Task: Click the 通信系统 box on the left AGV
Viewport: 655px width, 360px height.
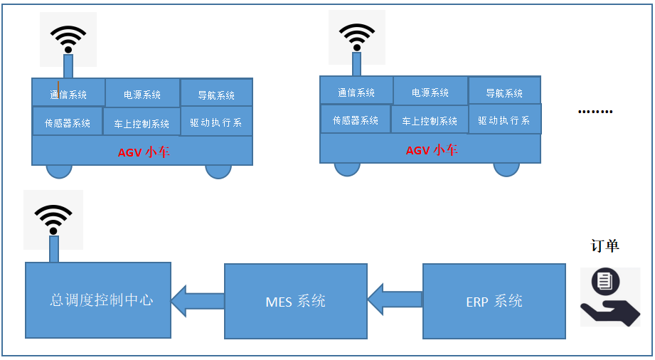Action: pos(68,94)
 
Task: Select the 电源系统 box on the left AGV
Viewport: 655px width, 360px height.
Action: pos(142,94)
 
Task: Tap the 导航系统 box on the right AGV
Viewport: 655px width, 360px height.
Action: pos(504,92)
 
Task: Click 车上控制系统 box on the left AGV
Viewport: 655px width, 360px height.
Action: pos(142,123)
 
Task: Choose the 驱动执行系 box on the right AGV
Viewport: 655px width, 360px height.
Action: pos(504,120)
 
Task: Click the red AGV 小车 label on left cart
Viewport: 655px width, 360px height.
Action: pos(144,152)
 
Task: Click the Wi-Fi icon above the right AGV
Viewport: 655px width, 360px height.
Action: pos(356,37)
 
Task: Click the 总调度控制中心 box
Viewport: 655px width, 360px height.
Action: pos(98,300)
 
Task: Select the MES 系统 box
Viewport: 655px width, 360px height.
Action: pos(296,301)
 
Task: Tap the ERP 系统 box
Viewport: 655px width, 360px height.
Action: pos(494,301)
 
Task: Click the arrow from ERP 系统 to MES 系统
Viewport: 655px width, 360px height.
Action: pos(395,299)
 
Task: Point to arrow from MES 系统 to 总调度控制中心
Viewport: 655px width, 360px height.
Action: pos(198,300)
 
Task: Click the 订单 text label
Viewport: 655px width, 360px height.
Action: pos(605,246)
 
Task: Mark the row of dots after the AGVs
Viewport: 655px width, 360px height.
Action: pos(595,112)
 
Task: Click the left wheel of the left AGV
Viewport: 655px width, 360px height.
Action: pos(59,171)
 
